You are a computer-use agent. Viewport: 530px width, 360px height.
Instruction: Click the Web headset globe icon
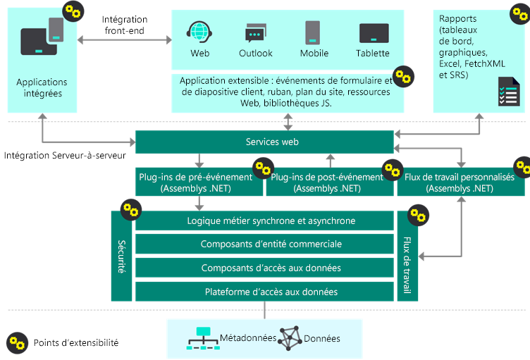pyautogui.click(x=199, y=32)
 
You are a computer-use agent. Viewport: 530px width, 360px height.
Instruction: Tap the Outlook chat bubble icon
pyautogui.click(x=255, y=32)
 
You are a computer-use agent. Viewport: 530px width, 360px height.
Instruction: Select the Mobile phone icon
pyautogui.click(x=314, y=32)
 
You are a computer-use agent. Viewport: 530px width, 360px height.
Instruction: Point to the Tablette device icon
pyautogui.click(x=374, y=33)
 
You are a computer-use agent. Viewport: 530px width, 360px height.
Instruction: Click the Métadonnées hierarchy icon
pyautogui.click(x=202, y=338)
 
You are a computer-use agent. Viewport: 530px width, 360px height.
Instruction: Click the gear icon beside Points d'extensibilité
pyautogui.click(x=16, y=342)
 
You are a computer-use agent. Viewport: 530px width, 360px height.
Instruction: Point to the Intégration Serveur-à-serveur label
pyautogui.click(x=66, y=155)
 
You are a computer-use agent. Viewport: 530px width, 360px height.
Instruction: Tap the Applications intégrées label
pyautogui.click(x=42, y=88)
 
